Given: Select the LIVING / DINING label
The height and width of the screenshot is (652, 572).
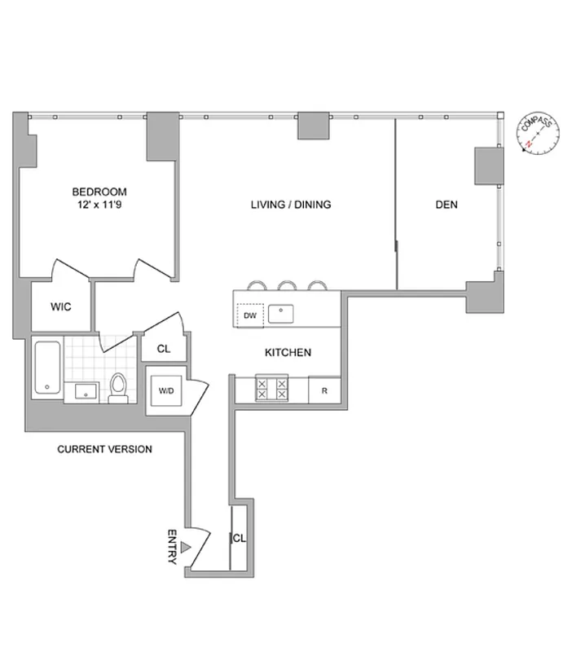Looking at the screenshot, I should tap(291, 205).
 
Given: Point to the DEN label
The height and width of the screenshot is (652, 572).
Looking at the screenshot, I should tap(446, 205).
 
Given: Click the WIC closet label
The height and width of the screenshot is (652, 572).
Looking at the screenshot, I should tap(61, 307).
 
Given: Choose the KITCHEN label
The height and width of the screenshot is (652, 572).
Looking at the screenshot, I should tap(288, 353).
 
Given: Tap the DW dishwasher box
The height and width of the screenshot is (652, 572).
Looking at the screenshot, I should tap(249, 314).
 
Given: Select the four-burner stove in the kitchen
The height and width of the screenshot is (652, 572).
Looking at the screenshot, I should tap(272, 388).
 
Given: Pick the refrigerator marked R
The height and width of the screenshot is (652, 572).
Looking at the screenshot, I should tap(324, 390).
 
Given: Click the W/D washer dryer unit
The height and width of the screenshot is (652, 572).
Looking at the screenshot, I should tap(166, 390).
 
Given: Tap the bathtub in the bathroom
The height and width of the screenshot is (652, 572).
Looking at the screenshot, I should tap(48, 369).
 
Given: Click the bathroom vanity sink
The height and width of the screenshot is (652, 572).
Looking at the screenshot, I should tap(84, 392).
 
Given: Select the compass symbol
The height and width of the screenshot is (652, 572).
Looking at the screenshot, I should tap(537, 134).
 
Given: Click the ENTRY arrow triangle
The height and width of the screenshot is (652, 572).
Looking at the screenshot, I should tap(187, 549).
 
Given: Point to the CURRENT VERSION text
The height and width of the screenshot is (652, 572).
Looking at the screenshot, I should tap(104, 449).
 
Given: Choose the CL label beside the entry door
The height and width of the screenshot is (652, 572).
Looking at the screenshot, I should tap(240, 539).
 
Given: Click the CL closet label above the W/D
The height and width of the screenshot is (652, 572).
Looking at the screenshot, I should tap(164, 349).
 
